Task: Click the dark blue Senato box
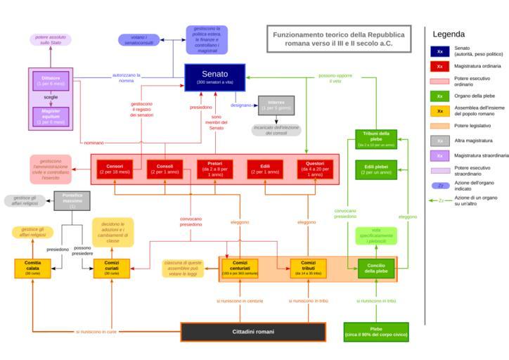(214, 77)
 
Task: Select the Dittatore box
(51, 80)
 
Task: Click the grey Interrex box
(276, 105)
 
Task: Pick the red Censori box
(115, 169)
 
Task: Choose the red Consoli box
(165, 169)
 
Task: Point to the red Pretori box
(214, 169)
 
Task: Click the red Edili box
(264, 169)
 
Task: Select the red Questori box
(314, 169)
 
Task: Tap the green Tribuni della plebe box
(375, 139)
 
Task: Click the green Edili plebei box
(375, 169)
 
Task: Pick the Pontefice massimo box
(72, 200)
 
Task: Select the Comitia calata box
(32, 269)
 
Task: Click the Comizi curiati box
(112, 269)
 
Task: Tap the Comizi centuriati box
(240, 268)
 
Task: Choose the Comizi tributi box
(308, 268)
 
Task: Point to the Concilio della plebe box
(375, 268)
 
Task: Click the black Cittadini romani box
(253, 331)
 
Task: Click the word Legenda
(448, 34)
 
